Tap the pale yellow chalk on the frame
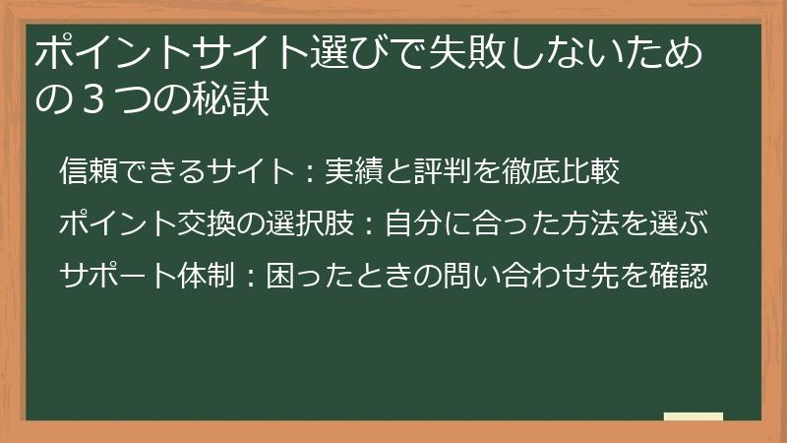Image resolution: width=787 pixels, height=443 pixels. pyautogui.click(x=693, y=416)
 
